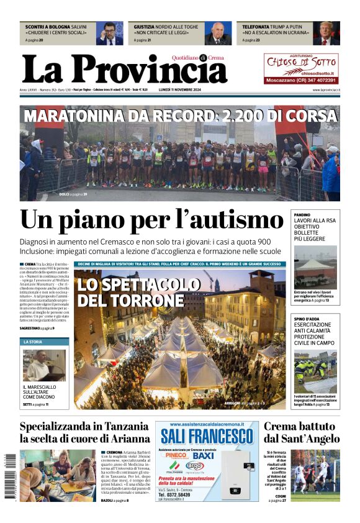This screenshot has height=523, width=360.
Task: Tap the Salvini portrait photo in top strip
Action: tap(109, 34)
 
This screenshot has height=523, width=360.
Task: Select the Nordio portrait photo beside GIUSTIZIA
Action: tap(218, 34)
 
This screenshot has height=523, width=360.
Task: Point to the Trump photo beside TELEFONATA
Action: tap(326, 34)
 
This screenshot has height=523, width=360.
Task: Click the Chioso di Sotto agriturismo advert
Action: tap(301, 68)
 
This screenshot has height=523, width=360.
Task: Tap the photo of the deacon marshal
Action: tap(45, 365)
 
